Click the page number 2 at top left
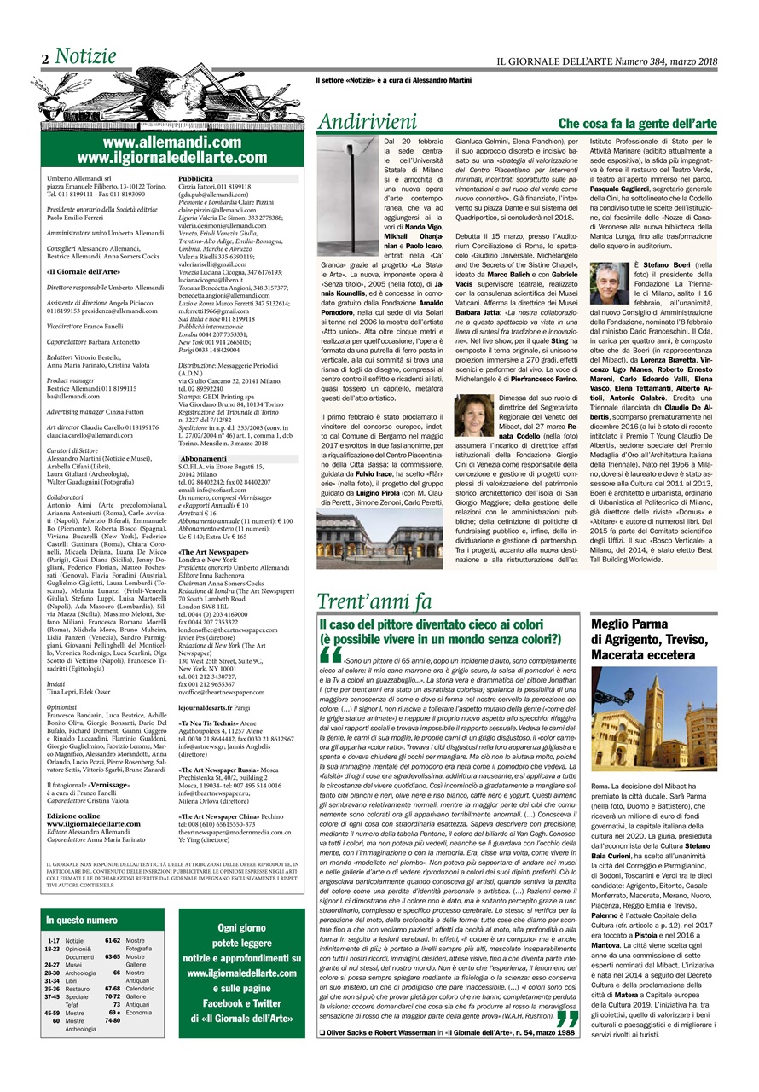[x=44, y=60]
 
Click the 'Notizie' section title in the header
[x=85, y=57]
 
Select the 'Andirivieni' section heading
[x=368, y=122]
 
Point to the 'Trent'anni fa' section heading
[x=374, y=576]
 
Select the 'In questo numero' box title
[x=83, y=921]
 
